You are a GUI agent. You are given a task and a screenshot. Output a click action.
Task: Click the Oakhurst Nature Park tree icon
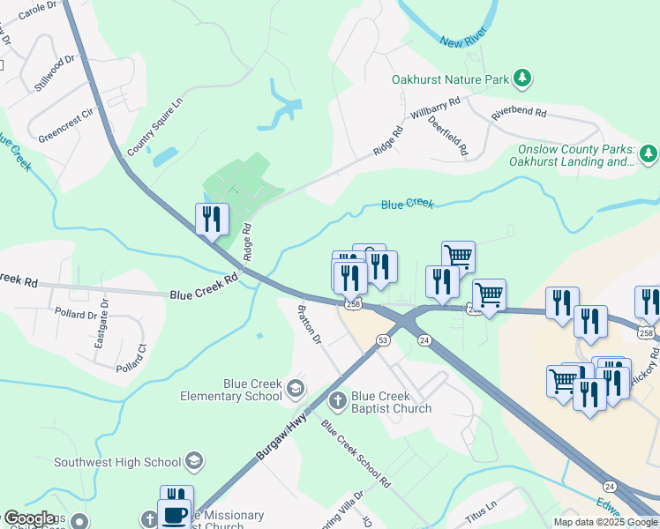coord(523,79)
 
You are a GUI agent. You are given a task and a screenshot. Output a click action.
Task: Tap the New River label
coord(463,41)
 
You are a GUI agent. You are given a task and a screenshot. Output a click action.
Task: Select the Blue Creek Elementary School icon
coord(295,389)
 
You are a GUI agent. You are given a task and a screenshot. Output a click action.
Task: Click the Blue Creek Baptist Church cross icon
coord(337,402)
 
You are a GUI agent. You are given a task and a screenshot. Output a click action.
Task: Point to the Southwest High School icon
coord(194,461)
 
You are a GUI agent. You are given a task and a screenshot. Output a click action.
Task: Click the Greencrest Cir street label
coord(65,125)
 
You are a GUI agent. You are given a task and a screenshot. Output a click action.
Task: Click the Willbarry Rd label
coord(435,109)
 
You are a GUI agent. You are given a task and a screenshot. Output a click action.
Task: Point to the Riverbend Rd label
coord(519,114)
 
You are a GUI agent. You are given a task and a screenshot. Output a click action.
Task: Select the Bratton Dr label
coord(310,324)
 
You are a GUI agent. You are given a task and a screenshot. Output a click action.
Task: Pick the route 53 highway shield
coord(383,339)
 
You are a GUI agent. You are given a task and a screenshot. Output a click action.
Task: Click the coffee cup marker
coord(174,513)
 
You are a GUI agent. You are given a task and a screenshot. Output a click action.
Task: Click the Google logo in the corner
coord(29,518)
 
